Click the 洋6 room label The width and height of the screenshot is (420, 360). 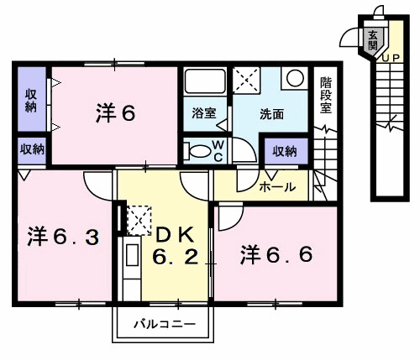pyautogui.click(x=114, y=114)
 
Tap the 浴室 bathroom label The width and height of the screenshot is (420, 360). pyautogui.click(x=203, y=112)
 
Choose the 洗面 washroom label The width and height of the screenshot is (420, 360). pyautogui.click(x=270, y=112)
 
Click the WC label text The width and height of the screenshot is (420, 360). pyautogui.click(x=216, y=150)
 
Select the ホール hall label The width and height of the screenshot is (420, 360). pyautogui.click(x=276, y=187)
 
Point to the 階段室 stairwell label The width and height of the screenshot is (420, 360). pyautogui.click(x=326, y=95)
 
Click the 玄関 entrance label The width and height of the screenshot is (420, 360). pyautogui.click(x=372, y=40)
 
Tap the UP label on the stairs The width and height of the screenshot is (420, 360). pyautogui.click(x=390, y=57)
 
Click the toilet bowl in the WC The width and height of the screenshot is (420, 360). pyautogui.click(x=199, y=152)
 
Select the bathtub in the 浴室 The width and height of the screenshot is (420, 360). pyautogui.click(x=203, y=83)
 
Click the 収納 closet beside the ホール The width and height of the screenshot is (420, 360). pyautogui.click(x=284, y=151)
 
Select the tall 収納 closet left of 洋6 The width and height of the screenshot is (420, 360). pyautogui.click(x=30, y=100)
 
